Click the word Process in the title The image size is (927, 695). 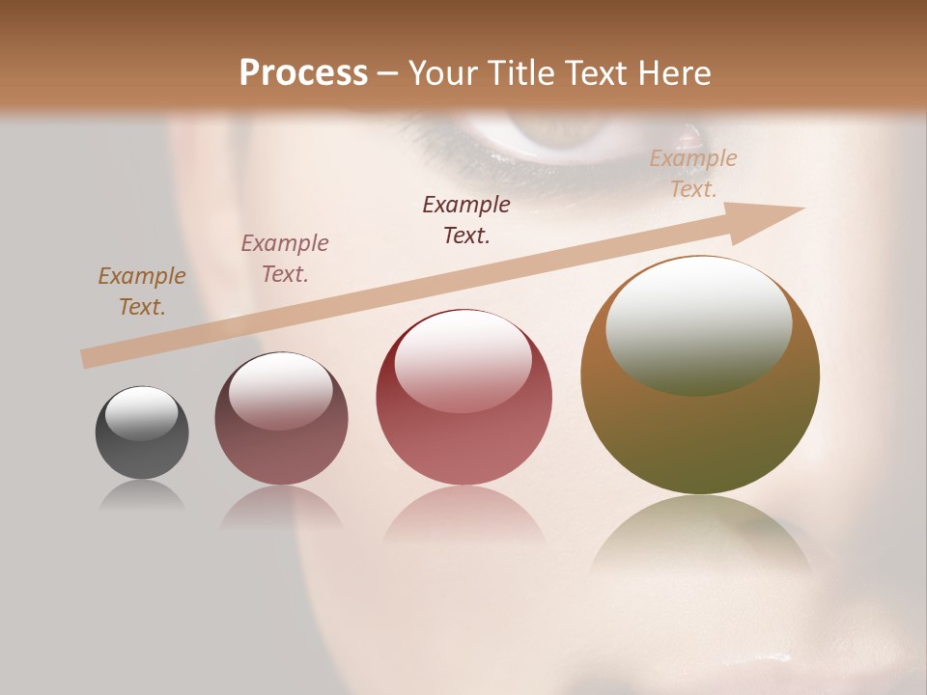303,73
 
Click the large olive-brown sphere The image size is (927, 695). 700,425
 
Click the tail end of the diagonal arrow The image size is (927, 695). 85,359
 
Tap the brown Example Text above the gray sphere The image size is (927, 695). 142,292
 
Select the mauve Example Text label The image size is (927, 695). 285,259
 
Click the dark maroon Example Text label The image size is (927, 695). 466,220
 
